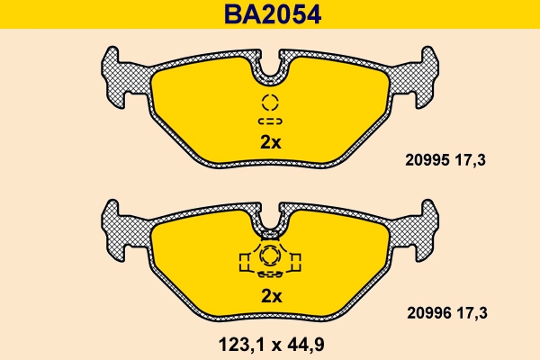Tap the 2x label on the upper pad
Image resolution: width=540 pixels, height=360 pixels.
[271, 142]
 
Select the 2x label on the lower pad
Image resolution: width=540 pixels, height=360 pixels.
[271, 296]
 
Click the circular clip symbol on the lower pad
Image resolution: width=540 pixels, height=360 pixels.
[271, 256]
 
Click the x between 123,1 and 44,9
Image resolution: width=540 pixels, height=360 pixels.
[269, 342]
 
